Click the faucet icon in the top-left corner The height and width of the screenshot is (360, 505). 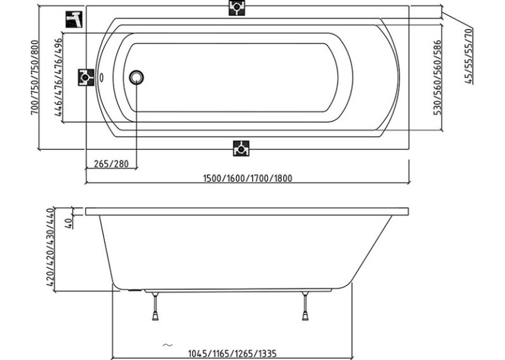74,19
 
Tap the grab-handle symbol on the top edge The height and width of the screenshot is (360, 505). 237,7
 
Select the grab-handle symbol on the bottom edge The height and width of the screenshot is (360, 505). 241,148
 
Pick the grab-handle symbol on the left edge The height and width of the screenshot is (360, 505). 86,77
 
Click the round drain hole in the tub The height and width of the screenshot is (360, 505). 136,77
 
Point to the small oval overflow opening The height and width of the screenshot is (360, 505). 101,77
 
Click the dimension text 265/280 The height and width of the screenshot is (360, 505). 111,164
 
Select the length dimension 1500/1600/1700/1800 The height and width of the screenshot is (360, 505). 248,178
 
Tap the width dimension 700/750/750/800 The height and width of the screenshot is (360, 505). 35,77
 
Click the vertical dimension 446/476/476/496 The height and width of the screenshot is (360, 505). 58,77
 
